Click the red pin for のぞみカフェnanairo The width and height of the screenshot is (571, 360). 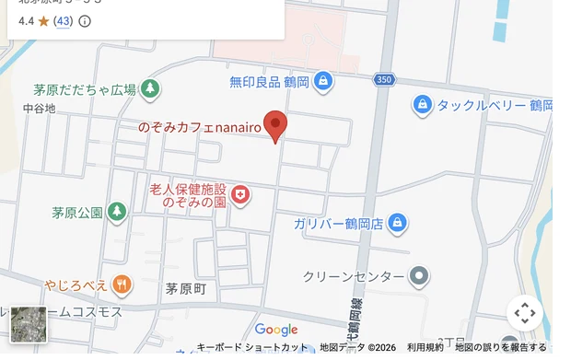pyautogui.click(x=274, y=124)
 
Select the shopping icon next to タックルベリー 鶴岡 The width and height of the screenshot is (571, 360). pyautogui.click(x=422, y=105)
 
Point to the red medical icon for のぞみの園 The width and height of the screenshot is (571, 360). pyautogui.click(x=240, y=194)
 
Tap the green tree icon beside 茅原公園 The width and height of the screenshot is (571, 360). pyautogui.click(x=117, y=213)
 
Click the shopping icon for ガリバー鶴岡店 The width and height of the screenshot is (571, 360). pyautogui.click(x=397, y=223)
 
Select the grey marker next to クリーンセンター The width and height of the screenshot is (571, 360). pyautogui.click(x=419, y=275)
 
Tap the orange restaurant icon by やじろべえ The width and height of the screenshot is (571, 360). pyautogui.click(x=122, y=284)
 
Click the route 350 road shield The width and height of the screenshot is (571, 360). pyautogui.click(x=384, y=79)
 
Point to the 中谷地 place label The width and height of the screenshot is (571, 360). pyautogui.click(x=39, y=109)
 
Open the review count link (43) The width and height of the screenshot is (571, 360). pyautogui.click(x=64, y=20)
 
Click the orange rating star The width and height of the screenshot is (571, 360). pyautogui.click(x=43, y=20)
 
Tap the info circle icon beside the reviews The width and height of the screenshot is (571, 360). pyautogui.click(x=85, y=20)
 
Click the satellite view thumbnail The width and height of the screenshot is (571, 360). pyautogui.click(x=28, y=324)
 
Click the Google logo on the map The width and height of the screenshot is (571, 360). pyautogui.click(x=276, y=330)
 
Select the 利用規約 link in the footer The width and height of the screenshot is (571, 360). pyautogui.click(x=425, y=347)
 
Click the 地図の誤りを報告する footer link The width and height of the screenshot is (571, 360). pyautogui.click(x=501, y=347)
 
